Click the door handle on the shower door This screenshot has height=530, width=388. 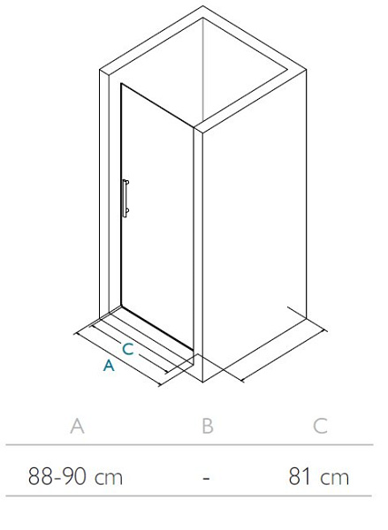(x=125, y=199)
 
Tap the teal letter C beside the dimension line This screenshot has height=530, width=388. (x=128, y=349)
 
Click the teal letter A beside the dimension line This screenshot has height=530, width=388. (x=109, y=366)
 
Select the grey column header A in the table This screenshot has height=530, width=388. (x=77, y=426)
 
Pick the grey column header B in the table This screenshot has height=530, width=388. (x=208, y=426)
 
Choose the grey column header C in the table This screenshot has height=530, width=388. (x=320, y=426)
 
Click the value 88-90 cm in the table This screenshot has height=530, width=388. (x=75, y=477)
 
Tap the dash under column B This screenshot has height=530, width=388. (x=206, y=478)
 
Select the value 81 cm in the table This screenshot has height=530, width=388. (x=319, y=477)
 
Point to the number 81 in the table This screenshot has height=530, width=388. (x=300, y=477)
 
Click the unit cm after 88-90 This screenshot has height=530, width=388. (x=109, y=478)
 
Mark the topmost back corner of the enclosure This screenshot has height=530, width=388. (x=203, y=6)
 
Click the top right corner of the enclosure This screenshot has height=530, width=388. (x=306, y=70)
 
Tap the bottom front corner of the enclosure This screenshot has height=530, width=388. (x=202, y=382)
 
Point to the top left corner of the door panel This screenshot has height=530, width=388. (x=121, y=84)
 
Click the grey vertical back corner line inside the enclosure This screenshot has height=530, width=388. (x=203, y=69)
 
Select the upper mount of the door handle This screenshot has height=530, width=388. (x=126, y=183)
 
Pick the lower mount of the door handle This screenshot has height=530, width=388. (x=126, y=212)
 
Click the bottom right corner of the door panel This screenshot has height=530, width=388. (x=194, y=349)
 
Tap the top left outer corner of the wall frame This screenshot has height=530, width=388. (x=100, y=70)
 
